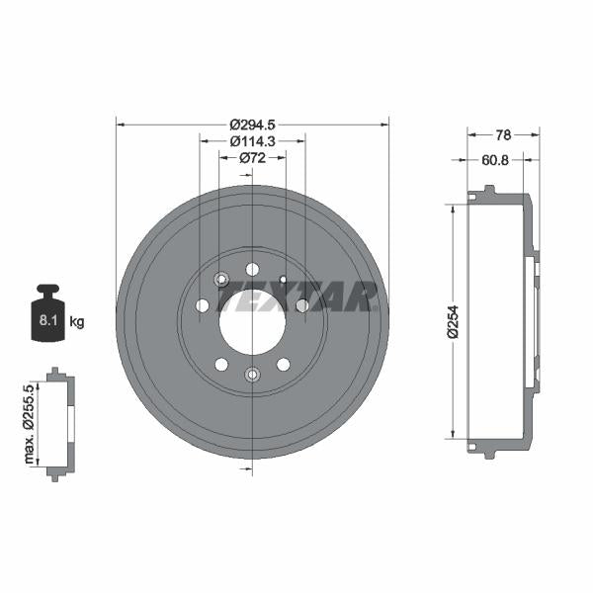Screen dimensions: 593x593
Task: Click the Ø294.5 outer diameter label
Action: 251,125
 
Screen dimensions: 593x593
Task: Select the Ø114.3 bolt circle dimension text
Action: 251,141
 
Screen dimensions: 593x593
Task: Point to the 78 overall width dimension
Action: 502,133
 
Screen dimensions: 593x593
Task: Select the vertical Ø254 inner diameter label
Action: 453,321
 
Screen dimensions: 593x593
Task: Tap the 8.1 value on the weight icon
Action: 46,321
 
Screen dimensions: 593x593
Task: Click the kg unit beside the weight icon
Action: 76,321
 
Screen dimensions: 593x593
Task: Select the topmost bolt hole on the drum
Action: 252,269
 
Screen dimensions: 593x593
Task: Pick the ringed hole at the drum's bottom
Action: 252,374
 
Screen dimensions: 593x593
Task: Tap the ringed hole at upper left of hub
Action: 222,281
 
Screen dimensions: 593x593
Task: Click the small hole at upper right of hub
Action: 283,280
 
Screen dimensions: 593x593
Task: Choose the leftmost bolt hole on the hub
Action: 203,306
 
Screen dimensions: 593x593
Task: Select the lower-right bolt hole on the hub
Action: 283,363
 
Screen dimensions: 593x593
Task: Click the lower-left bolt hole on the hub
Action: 221,363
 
